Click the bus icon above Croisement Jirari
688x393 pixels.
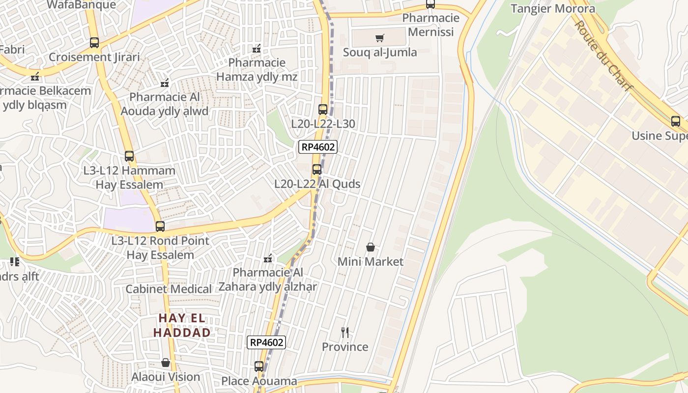[x=94, y=43]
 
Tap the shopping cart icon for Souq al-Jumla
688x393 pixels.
[x=379, y=38]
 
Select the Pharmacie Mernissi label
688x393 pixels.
[x=431, y=25]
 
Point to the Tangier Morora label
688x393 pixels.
[x=553, y=8]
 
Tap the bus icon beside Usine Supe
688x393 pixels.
[x=676, y=121]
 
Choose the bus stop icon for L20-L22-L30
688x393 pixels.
[x=323, y=109]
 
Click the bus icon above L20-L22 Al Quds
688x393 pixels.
[x=317, y=169]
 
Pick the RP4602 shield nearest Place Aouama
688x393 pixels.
[x=266, y=342]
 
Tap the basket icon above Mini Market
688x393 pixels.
[x=371, y=247]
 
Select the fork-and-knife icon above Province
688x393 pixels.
[x=345, y=333]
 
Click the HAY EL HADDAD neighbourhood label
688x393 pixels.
[x=182, y=325]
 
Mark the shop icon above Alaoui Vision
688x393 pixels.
[x=166, y=363]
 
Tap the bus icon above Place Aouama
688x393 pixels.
[x=259, y=366]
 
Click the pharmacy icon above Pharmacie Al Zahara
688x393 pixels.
[x=268, y=258]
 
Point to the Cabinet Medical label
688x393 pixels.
[x=169, y=289]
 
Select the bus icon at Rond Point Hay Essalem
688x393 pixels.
[x=160, y=226]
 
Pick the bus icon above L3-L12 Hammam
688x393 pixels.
[x=129, y=156]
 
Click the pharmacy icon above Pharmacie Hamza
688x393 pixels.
[x=257, y=48]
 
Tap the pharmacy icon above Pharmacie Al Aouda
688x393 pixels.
[x=165, y=83]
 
